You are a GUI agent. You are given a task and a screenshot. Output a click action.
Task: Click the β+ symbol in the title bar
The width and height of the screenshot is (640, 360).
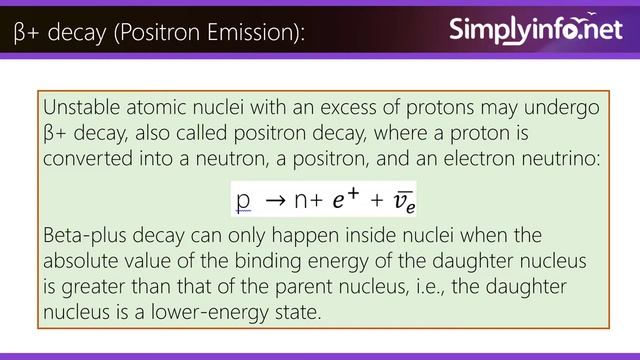(x=25, y=34)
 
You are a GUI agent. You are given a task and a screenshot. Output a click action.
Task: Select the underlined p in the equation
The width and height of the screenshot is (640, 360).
(x=243, y=200)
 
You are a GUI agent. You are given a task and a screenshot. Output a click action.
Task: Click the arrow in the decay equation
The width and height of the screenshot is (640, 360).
(x=274, y=200)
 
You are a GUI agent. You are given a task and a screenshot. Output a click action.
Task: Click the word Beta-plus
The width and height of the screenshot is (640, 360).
(x=87, y=237)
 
